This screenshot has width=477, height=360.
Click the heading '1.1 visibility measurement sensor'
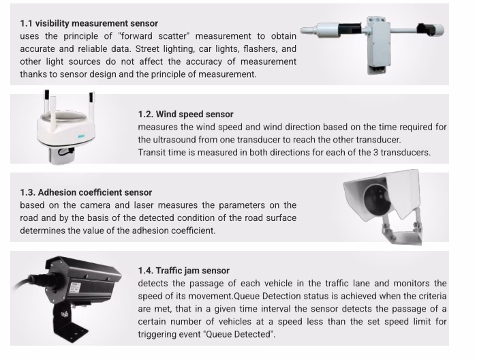(x=89, y=23)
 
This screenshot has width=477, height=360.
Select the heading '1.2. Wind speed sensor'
(x=185, y=114)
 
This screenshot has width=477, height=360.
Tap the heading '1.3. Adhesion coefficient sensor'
(x=86, y=192)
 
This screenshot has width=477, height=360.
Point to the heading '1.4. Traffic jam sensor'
(x=184, y=271)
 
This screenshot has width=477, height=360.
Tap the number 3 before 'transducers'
(x=375, y=152)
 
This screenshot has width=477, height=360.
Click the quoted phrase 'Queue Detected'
(x=238, y=334)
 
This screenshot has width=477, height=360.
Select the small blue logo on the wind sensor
(x=81, y=136)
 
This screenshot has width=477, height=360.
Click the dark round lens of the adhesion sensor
(x=378, y=199)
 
